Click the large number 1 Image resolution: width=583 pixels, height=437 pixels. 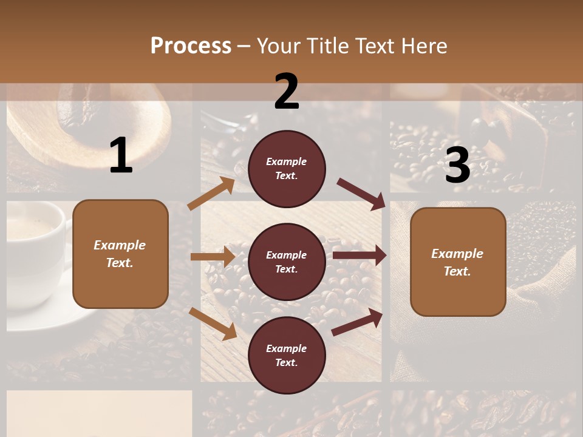(121, 156)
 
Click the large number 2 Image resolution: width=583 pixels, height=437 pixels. (287, 92)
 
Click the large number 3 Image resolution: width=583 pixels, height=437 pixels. (457, 166)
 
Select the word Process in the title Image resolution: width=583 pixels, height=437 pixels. (191, 46)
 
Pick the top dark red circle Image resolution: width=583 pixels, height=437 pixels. (287, 169)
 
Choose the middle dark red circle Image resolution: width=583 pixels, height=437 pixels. (287, 262)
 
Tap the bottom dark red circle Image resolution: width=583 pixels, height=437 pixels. (287, 356)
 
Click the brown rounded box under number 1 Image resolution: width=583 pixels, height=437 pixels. (120, 254)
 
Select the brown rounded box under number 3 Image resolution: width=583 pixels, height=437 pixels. (458, 262)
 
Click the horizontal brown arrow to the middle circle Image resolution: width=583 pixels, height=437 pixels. (213, 257)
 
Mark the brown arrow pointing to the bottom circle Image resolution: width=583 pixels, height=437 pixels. (213, 324)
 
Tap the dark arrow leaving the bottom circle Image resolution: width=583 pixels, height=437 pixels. (357, 322)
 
